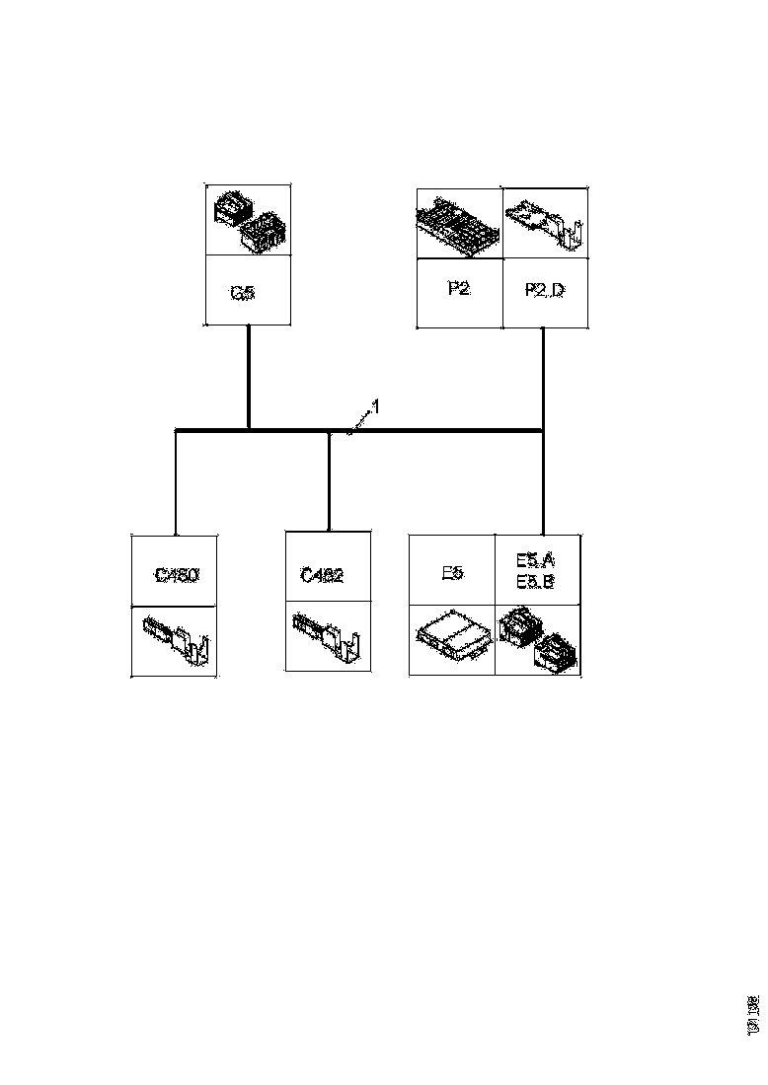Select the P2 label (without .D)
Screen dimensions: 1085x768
pos(458,290)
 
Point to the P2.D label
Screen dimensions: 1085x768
pos(544,291)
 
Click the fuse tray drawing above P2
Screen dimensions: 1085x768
pos(458,223)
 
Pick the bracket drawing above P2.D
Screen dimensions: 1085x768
pos(546,223)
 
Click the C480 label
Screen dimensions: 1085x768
pos(177,574)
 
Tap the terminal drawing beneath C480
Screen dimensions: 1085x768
pos(178,641)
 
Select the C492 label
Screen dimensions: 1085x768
pos(323,575)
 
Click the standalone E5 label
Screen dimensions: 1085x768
pos(451,572)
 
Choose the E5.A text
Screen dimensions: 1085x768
pos(535,559)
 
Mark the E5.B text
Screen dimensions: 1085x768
pos(535,582)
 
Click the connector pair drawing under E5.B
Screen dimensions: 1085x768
pos(539,639)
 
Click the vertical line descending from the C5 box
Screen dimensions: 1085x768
pos(248,375)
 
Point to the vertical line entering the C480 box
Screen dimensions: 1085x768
pos(176,483)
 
